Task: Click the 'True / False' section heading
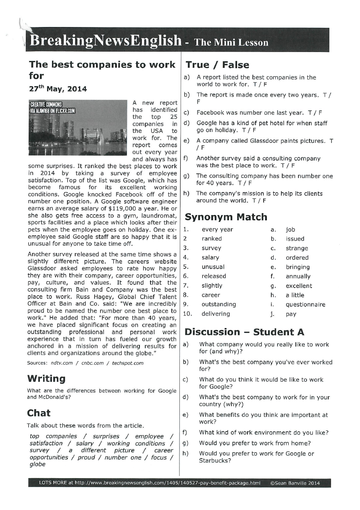pos(217,65)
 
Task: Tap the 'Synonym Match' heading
pos(226,217)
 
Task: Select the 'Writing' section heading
pos(46,378)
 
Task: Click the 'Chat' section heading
pos(39,413)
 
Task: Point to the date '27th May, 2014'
pos(58,89)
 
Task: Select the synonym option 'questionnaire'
pos(305,305)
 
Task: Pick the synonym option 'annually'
pos(298,276)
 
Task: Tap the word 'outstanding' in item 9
pos(218,304)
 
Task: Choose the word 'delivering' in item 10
pos(216,314)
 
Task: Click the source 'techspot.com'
pos(128,363)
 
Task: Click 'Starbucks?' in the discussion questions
pos(215,461)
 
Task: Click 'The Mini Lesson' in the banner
pos(231,42)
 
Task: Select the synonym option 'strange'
pos(297,248)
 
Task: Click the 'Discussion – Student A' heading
pos(244,332)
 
